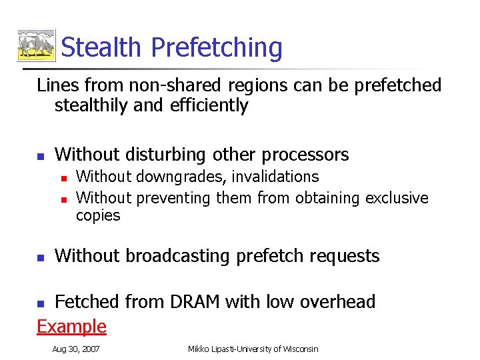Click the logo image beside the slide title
[x=36, y=46]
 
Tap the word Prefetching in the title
[x=216, y=48]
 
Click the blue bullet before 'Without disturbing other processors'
[x=40, y=156]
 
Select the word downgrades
[x=169, y=177]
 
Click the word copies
[x=98, y=215]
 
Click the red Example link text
[x=71, y=326]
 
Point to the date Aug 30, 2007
[x=75, y=349]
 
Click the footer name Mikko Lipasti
[x=215, y=349]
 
